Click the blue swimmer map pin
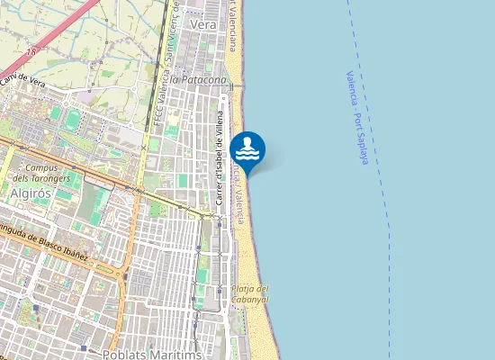[x=247, y=149]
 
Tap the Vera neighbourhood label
[x=204, y=25]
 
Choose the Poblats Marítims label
[x=152, y=354]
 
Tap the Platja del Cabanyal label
[x=250, y=294]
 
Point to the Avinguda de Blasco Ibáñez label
[x=45, y=247]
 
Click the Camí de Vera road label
[x=24, y=83]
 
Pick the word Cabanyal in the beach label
[x=250, y=300]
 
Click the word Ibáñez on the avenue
[x=74, y=255]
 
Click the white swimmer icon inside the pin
[x=247, y=147]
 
